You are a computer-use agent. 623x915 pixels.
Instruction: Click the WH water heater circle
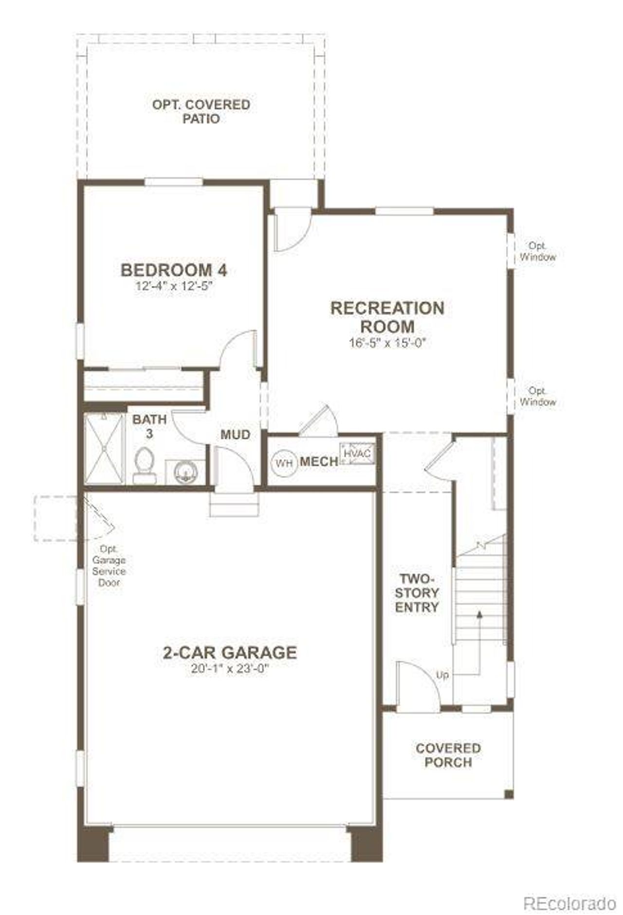click(284, 462)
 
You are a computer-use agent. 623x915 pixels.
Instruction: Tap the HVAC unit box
click(357, 454)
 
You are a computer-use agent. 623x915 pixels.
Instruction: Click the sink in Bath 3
click(185, 472)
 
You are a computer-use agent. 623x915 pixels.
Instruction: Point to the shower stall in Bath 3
click(104, 448)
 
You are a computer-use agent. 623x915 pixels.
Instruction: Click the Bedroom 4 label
click(174, 270)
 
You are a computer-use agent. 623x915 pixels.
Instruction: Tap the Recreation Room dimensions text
click(387, 343)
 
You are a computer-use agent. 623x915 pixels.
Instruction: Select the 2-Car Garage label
click(230, 652)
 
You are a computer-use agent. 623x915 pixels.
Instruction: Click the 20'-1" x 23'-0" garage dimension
click(230, 669)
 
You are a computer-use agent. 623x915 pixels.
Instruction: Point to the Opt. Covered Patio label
click(201, 111)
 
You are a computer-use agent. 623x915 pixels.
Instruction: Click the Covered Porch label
click(448, 755)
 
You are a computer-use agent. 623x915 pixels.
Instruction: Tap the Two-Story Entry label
click(417, 593)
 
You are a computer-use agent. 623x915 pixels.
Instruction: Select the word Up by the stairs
click(442, 675)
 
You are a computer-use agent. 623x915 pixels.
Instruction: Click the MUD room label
click(236, 434)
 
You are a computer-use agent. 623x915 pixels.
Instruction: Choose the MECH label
click(319, 462)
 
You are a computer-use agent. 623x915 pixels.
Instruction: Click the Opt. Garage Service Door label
click(109, 565)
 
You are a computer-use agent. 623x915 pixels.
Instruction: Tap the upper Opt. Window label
click(537, 251)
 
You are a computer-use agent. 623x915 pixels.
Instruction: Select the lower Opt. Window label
click(537, 397)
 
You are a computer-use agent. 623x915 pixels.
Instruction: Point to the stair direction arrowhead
click(479, 615)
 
